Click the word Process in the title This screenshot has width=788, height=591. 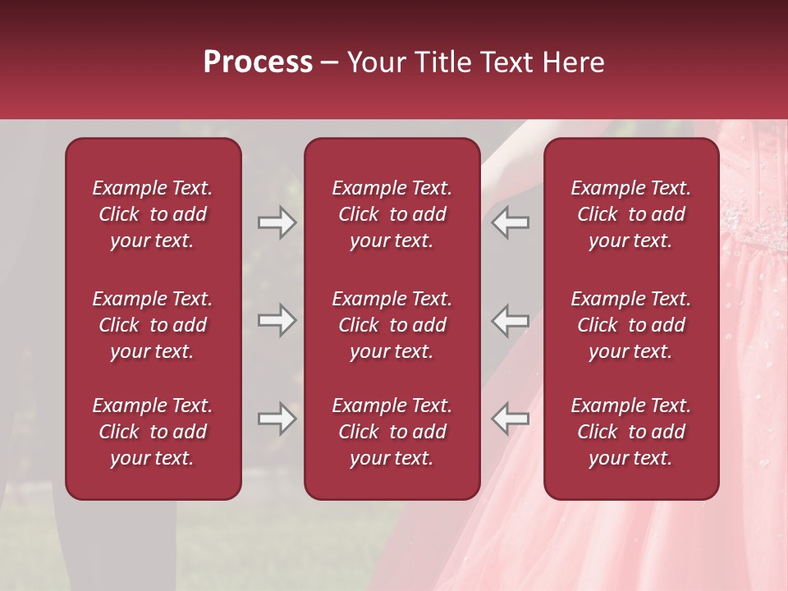(258, 62)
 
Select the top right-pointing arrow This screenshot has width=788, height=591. (277, 222)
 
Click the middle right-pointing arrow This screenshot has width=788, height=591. (277, 320)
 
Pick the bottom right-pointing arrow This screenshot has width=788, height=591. (277, 419)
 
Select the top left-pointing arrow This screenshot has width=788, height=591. (510, 222)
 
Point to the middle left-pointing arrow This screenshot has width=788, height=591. (510, 320)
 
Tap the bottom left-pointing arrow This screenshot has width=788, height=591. (510, 419)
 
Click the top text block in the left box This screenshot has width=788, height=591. (153, 214)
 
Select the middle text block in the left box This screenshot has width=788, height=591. (153, 325)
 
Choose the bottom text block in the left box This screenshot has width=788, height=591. (153, 432)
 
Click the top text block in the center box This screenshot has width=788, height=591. (392, 214)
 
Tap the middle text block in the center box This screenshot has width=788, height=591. (392, 325)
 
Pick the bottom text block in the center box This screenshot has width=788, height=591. (392, 432)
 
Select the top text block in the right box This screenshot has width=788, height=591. (630, 214)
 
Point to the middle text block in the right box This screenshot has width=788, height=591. (630, 325)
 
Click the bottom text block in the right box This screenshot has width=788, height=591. (630, 432)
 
